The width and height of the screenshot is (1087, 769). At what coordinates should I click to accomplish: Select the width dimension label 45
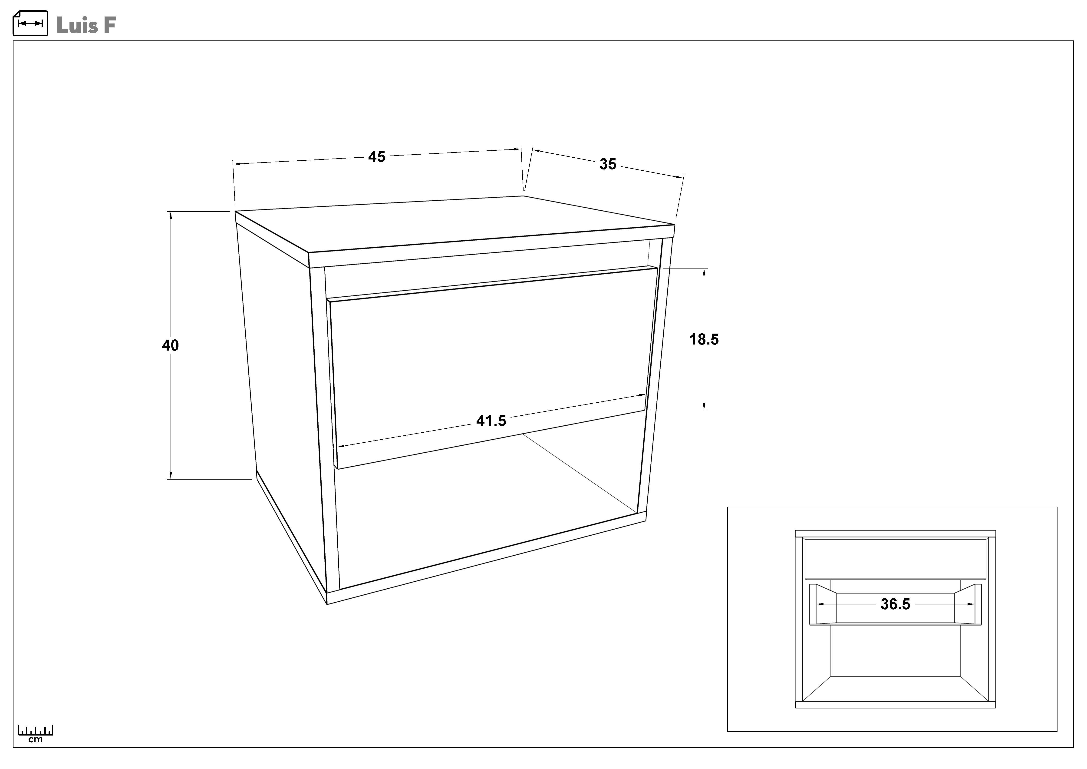[377, 157]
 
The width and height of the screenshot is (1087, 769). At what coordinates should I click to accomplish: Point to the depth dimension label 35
[608, 164]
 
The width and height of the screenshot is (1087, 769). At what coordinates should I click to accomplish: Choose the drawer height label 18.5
[704, 339]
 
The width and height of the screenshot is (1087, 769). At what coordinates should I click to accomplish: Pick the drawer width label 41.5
[491, 421]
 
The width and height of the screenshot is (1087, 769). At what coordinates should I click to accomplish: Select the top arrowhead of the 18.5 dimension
[705, 272]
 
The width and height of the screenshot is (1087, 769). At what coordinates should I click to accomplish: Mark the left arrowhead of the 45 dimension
[237, 164]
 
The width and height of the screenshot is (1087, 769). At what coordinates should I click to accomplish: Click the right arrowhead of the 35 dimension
[679, 177]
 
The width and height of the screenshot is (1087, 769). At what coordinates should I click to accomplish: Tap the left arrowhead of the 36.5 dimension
[821, 604]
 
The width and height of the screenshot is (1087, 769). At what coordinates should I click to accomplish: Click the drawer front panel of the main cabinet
[492, 369]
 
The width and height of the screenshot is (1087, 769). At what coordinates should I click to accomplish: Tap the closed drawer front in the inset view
[895, 559]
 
